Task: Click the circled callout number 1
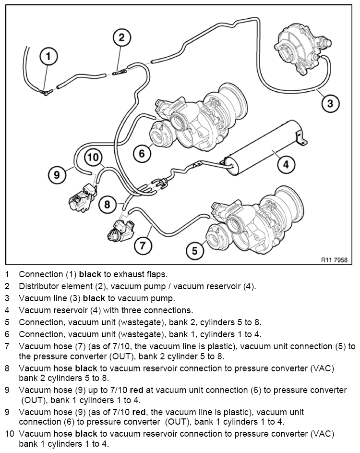[48, 56]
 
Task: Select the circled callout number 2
[121, 37]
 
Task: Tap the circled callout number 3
[330, 103]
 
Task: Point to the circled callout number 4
[286, 164]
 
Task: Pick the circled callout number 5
[195, 250]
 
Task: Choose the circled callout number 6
[142, 153]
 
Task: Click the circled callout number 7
[143, 246]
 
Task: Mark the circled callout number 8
[107, 205]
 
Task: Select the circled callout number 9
[57, 175]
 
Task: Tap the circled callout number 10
[93, 158]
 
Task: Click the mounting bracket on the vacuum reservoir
[301, 138]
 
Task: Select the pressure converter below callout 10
[82, 199]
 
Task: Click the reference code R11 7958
[334, 260]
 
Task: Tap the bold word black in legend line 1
[90, 274]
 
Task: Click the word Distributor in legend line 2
[37, 286]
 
